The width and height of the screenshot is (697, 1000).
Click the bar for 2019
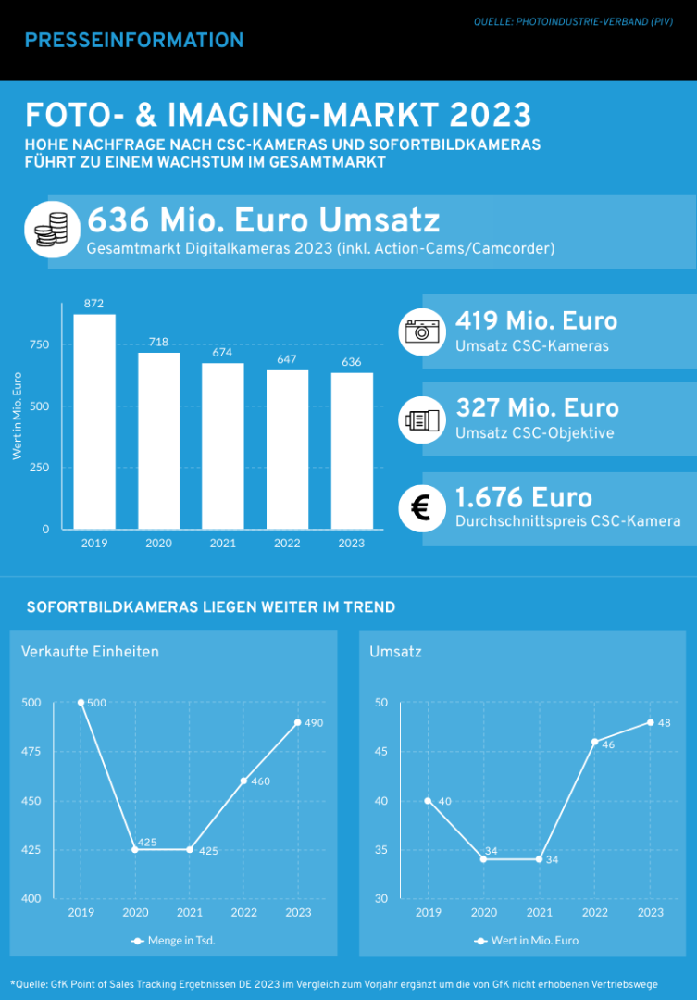94,421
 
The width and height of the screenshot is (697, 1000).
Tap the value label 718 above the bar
158,342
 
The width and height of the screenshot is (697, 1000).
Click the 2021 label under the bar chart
222,544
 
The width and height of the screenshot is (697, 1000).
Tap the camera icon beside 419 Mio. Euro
422,331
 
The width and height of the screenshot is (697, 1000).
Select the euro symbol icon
422,508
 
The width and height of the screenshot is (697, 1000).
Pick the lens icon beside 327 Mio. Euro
422,420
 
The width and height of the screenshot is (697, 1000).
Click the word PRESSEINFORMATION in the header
134,40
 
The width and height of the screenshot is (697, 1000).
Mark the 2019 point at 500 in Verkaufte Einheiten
81,703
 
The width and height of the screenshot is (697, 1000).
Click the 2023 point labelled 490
298,722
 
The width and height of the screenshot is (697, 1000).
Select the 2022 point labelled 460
243,781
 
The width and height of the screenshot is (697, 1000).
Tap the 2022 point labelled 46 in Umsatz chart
594,742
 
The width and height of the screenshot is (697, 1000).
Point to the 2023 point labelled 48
650,722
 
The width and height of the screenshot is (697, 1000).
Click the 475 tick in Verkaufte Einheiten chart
32,752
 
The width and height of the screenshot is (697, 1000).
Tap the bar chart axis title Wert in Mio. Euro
18,417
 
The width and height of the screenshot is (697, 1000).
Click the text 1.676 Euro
524,496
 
